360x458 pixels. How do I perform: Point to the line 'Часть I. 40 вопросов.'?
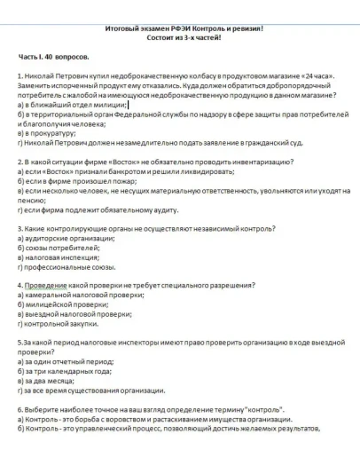(x=55, y=56)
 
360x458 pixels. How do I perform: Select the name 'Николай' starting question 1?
(x=39, y=77)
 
